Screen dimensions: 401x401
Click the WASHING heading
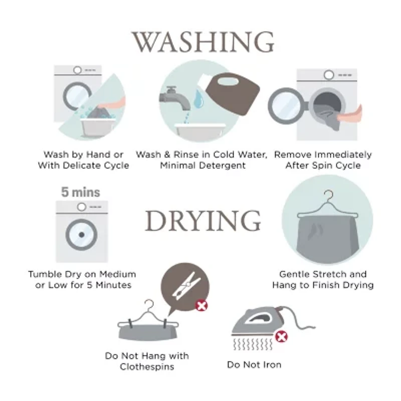point(204,42)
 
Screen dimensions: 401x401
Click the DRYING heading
point(203,221)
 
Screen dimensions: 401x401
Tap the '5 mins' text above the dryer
point(81,192)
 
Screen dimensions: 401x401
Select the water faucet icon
point(174,99)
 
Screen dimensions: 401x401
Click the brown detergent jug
point(232,93)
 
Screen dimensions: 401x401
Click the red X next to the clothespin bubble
point(202,306)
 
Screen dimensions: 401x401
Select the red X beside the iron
point(281,336)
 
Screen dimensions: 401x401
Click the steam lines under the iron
point(253,344)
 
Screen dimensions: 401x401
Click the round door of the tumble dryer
point(81,235)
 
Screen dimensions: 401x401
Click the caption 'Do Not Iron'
point(254,365)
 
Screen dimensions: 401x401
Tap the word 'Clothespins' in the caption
point(147,367)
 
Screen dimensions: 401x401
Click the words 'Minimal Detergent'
point(203,165)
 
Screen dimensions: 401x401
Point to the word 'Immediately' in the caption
point(343,154)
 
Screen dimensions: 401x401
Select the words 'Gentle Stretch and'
point(323,274)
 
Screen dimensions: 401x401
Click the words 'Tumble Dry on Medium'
point(82,274)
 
